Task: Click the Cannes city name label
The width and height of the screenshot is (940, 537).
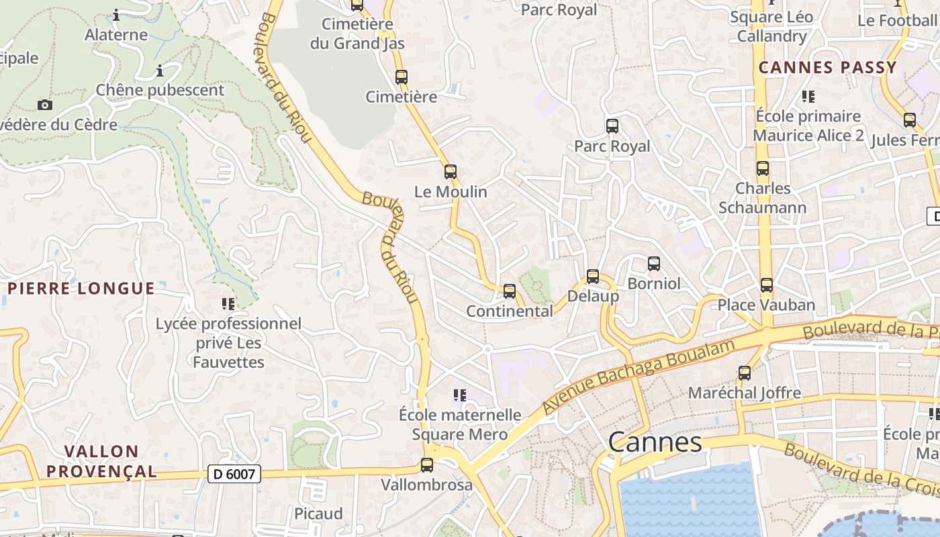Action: point(655,442)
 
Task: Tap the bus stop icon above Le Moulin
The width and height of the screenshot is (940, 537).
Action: point(451,172)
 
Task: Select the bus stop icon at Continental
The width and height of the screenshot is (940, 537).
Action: point(510,291)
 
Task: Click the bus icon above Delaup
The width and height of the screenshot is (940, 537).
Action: point(592,277)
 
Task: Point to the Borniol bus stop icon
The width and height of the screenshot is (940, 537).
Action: point(654,264)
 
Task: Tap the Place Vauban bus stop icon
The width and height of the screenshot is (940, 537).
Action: point(767,285)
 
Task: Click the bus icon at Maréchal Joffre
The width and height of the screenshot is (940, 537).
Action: point(745,373)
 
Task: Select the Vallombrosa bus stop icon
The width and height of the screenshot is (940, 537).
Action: point(426,465)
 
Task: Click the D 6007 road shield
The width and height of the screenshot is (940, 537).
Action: point(234,474)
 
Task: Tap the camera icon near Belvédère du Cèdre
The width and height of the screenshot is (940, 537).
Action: point(45,105)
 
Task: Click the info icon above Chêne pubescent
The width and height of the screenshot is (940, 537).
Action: point(160,70)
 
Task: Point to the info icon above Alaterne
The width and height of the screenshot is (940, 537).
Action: point(116,15)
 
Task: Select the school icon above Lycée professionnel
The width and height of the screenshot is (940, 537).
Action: point(228,304)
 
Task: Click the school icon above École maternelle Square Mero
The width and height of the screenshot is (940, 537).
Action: point(459,395)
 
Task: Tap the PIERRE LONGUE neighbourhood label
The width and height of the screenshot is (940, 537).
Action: point(81,289)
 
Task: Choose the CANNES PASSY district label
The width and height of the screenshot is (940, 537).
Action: point(827,67)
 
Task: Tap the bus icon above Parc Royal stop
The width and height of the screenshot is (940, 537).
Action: point(612,126)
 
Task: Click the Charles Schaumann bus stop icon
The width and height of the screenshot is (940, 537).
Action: point(762,168)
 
